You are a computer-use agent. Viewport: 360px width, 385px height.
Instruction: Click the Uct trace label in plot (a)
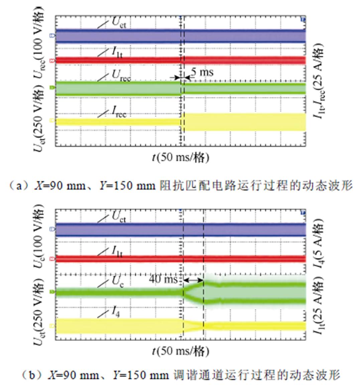coord(119,23)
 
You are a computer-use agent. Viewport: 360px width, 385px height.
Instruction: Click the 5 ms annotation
coord(202,72)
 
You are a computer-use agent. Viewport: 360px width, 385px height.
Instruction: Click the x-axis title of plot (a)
coord(181,157)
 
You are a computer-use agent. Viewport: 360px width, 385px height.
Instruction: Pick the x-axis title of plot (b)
coord(181,351)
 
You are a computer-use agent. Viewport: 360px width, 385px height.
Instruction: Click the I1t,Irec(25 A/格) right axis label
coord(319,82)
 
